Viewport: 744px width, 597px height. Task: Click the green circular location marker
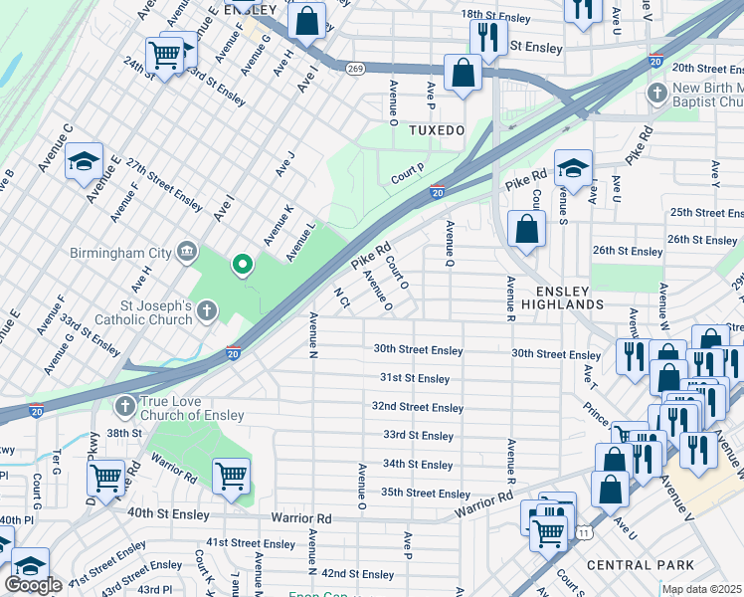point(241,265)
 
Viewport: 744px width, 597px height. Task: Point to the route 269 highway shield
point(354,68)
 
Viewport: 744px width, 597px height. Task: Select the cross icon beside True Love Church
point(124,406)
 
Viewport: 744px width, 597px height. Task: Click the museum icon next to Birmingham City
point(186,249)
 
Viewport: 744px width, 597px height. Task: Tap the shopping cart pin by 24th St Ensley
point(164,54)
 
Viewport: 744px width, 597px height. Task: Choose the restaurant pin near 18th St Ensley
point(487,37)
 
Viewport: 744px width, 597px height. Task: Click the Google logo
point(33,585)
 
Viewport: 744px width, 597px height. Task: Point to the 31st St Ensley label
point(415,378)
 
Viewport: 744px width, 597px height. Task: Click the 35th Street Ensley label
point(426,494)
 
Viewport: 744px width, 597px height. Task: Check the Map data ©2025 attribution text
point(702,590)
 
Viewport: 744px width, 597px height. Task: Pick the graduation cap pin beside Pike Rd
point(573,167)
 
